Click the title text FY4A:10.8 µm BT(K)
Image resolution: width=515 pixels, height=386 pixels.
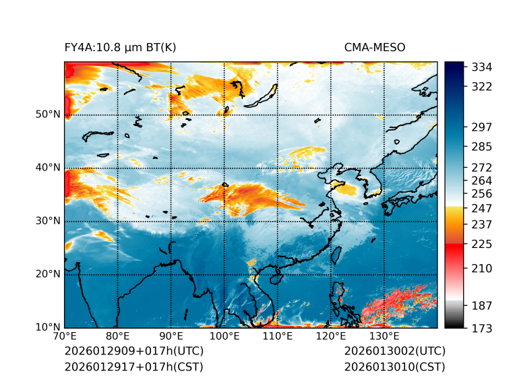tap(120, 47)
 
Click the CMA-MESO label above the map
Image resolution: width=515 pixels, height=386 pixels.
tap(374, 47)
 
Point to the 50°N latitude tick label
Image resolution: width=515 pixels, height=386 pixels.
tap(48, 115)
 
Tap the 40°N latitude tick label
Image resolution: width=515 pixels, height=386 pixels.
tap(48, 168)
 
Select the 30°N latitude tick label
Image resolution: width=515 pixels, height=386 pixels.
tap(48, 221)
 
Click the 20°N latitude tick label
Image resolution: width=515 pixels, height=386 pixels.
tap(48, 274)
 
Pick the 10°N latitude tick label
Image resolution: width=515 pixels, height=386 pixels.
tap(48, 327)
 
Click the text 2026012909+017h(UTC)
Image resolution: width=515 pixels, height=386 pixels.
tap(133, 351)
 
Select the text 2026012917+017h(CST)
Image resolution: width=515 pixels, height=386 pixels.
tap(133, 366)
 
